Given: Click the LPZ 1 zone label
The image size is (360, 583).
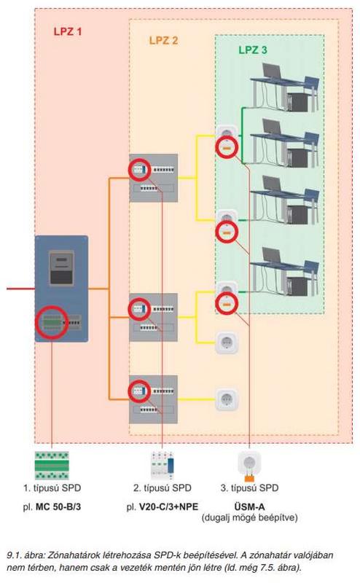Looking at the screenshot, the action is coord(67,31).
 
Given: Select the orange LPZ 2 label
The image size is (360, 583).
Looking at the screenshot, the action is coord(164,41).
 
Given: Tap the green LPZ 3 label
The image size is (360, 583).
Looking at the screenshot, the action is coord(253,50).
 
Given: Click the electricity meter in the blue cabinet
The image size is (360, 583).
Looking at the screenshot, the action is coord(61,267).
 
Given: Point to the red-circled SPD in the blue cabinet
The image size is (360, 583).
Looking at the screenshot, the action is coord(52,322).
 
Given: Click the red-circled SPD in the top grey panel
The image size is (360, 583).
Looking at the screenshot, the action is coord(140,170).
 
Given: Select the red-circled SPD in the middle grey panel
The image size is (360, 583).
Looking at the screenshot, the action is coord(140,309).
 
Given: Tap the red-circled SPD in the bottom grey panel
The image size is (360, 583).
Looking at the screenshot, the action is coord(140,391).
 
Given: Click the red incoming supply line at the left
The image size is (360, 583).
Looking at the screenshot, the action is coord(21,289).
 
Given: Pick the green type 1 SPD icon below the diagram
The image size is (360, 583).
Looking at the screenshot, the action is coord(52,465).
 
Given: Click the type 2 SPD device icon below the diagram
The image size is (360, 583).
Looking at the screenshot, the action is coord(163,465).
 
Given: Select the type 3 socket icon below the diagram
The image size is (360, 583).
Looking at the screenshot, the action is coord(249,466).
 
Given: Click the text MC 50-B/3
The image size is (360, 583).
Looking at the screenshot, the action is coord(58,506).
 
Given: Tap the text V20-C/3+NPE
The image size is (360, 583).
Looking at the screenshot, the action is coord(168,506).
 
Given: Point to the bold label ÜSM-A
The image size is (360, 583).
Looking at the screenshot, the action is coord(249,506).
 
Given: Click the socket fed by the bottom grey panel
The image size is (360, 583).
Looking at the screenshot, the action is coord(227,399).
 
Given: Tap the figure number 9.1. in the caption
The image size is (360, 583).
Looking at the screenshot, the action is coord(15,555).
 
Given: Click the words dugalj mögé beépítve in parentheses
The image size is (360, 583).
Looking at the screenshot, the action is coord(249,517).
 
